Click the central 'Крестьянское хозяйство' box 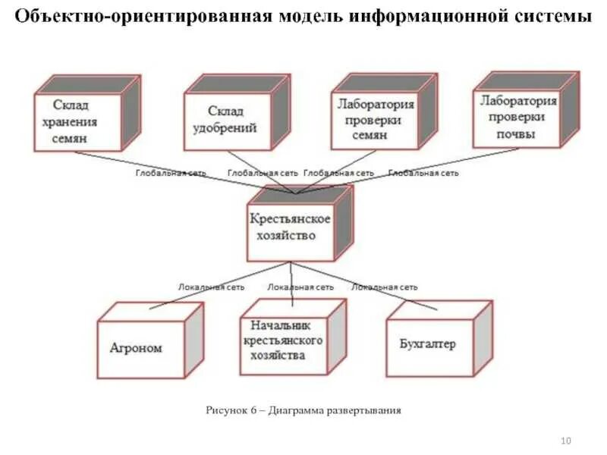291,227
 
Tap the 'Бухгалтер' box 428,346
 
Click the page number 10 565,441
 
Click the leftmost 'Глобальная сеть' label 171,173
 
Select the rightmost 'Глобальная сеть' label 423,173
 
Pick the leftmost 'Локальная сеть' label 210,287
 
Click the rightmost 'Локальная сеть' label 384,287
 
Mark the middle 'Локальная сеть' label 300,287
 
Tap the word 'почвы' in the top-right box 516,135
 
